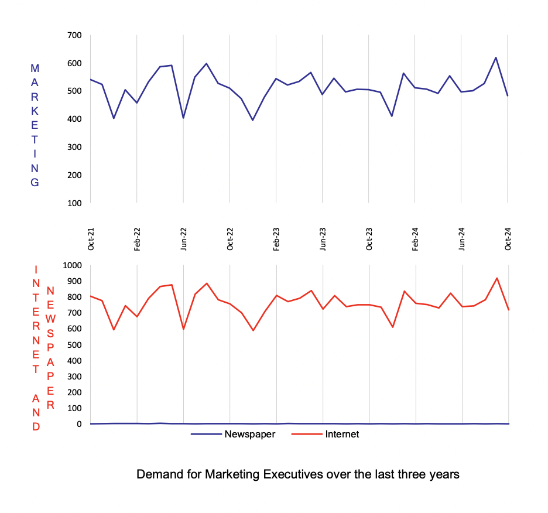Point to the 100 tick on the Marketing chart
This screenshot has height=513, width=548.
click(x=77, y=203)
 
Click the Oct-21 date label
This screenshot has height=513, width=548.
click(x=91, y=239)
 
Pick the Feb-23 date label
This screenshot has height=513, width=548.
click(x=276, y=239)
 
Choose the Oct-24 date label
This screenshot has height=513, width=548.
click(x=508, y=239)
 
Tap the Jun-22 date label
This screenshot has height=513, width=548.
click(x=184, y=239)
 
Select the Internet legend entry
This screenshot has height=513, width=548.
click(x=342, y=435)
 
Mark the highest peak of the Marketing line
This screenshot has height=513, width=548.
click(x=496, y=57)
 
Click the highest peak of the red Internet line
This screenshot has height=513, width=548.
click(x=496, y=278)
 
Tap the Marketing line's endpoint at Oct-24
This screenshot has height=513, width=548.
click(x=508, y=95)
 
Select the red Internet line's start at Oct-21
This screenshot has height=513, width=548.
click(x=91, y=296)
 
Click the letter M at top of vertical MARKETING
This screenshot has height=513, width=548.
click(x=35, y=69)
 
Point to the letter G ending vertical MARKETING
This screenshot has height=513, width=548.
click(x=35, y=182)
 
